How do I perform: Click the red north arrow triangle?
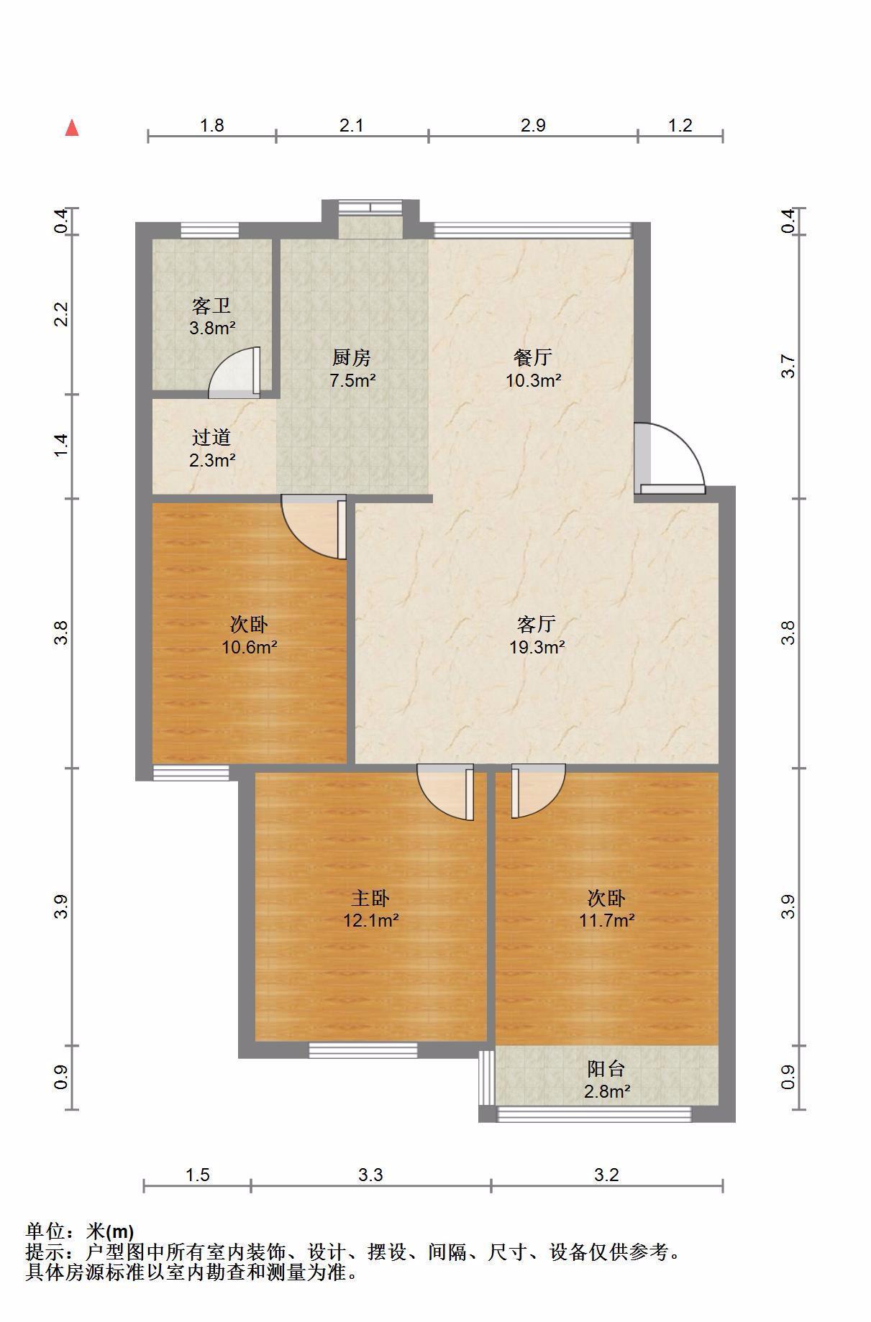72,128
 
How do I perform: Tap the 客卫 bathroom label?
211,306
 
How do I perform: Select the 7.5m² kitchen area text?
352,380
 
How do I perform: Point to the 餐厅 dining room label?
533,357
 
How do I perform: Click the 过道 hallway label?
211,437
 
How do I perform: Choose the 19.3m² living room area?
537,647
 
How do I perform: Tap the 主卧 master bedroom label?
370,898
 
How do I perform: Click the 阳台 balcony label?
606,1069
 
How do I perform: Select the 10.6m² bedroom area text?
249,647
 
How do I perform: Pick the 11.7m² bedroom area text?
607,920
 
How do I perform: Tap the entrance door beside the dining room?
669,457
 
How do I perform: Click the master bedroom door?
446,791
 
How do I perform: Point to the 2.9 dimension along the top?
533,126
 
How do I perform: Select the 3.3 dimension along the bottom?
370,1175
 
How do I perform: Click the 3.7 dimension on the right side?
789,367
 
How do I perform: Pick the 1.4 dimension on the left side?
62,444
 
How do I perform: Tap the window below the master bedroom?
363,1050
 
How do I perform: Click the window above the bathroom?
209,230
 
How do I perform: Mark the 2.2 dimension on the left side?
62,314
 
